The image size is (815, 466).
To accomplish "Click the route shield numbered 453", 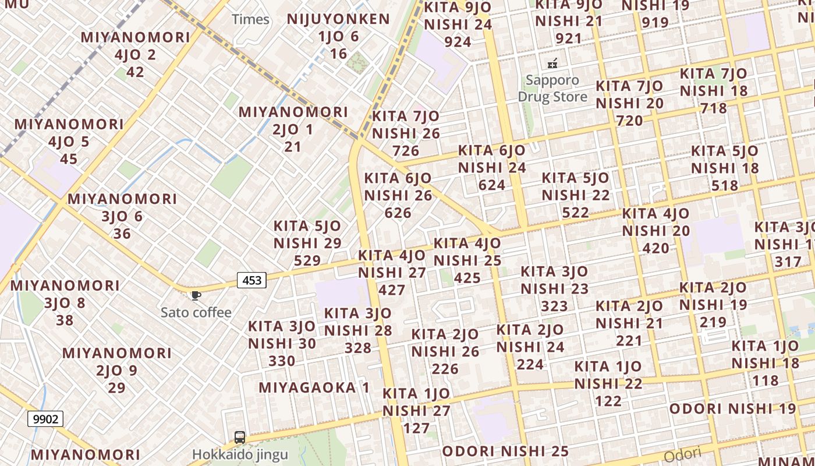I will click(251, 280).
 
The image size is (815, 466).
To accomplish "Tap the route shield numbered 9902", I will click(45, 418).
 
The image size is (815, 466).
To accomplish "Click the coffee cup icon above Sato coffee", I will click(196, 296).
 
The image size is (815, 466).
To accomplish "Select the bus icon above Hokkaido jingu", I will click(239, 437).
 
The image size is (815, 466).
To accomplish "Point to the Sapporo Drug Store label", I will click(552, 88).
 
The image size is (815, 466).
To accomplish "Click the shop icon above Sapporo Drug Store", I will click(552, 63).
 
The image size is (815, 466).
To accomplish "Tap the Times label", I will click(250, 19).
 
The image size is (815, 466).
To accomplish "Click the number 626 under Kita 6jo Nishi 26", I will click(398, 213).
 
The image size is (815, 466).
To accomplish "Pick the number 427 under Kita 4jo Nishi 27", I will click(392, 290).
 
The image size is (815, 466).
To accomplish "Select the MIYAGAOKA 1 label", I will click(314, 387).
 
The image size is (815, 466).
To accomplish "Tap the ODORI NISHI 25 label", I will click(505, 451).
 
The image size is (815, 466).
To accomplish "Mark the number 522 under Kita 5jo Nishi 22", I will click(576, 213).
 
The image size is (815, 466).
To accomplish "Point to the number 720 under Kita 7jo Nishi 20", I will click(629, 121).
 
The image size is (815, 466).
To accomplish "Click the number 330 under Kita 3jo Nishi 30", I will click(282, 361).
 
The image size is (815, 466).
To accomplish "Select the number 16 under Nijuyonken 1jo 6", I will click(338, 54).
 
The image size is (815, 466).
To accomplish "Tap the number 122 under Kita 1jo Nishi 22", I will click(608, 401).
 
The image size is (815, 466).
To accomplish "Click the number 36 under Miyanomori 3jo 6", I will click(122, 234).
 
